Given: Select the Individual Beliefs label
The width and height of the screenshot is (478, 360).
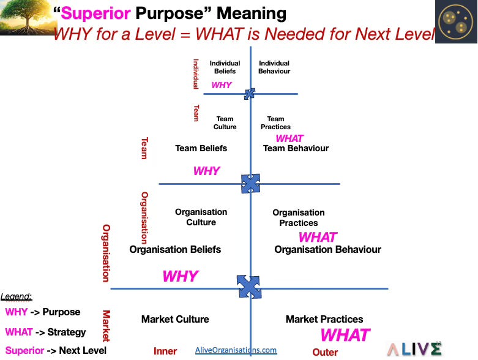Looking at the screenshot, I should [x=225, y=67].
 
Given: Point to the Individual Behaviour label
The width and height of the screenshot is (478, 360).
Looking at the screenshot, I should [x=274, y=67].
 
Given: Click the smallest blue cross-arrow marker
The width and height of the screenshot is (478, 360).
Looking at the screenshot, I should [x=249, y=94].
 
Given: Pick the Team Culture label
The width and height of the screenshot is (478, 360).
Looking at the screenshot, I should [x=225, y=123].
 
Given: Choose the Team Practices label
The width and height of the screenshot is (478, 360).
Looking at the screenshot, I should [x=275, y=123].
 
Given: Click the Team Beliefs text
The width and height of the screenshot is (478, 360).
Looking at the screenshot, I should [x=201, y=148].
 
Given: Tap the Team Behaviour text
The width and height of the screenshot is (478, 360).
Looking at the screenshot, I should [x=296, y=148].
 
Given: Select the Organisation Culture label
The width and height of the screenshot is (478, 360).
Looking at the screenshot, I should [x=201, y=217].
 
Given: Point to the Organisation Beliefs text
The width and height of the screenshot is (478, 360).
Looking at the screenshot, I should [x=175, y=249].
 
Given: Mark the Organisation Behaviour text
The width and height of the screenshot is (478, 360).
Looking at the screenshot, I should [x=327, y=249].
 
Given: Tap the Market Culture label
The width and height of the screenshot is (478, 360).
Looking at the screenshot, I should [x=175, y=319].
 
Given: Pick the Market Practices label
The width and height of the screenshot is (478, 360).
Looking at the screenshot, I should [x=324, y=319].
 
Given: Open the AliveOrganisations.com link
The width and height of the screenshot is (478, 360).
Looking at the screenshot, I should [x=236, y=350].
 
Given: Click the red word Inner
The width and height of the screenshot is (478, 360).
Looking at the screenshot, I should [x=165, y=351].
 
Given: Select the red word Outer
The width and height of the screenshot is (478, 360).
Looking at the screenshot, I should [x=325, y=352].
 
